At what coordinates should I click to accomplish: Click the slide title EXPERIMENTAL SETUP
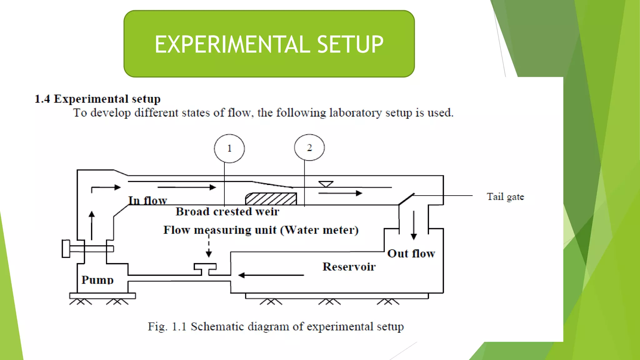(x=269, y=44)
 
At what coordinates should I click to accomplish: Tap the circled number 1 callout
(x=229, y=148)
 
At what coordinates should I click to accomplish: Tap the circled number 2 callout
(x=309, y=147)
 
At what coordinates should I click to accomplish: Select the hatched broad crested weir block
(x=271, y=199)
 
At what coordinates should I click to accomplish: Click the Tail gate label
(x=505, y=197)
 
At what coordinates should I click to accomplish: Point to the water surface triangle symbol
(x=326, y=184)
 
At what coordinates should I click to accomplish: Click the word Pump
(x=97, y=280)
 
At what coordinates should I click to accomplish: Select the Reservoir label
(x=349, y=267)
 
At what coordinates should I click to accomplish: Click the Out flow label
(x=411, y=253)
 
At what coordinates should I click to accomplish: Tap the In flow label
(x=147, y=200)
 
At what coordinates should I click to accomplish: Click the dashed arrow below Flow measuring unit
(x=209, y=247)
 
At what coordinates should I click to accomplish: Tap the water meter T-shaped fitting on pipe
(x=205, y=268)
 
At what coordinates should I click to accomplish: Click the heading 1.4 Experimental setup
(x=97, y=99)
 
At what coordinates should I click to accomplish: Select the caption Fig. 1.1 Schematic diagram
(x=276, y=327)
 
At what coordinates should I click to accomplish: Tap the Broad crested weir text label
(x=227, y=212)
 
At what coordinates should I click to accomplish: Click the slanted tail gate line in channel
(x=406, y=199)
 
